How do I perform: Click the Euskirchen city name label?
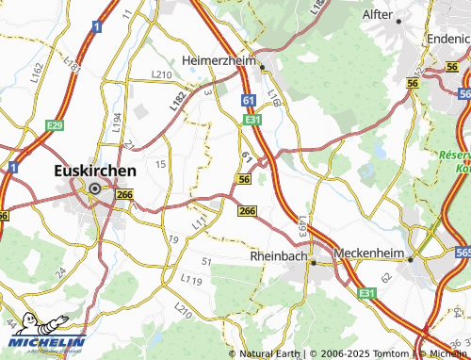point(91,172)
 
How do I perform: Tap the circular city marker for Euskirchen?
point(94,189)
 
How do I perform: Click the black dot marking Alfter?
point(399,21)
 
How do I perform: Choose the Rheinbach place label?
point(279,255)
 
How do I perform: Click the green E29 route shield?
point(55,125)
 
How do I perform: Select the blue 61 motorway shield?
point(248,100)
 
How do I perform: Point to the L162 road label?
point(37,73)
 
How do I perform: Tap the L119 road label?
point(191,281)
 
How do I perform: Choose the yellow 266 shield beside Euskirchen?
point(125,193)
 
